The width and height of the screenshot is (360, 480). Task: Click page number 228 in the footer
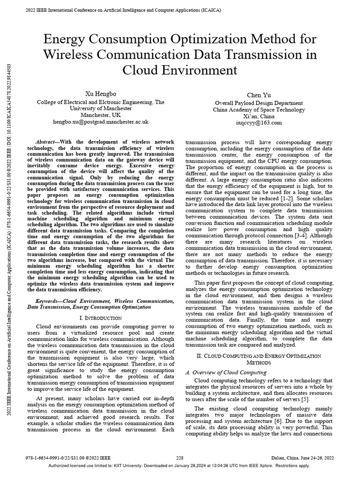tap(180, 457)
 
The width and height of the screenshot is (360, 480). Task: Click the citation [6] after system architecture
tap(281, 421)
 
